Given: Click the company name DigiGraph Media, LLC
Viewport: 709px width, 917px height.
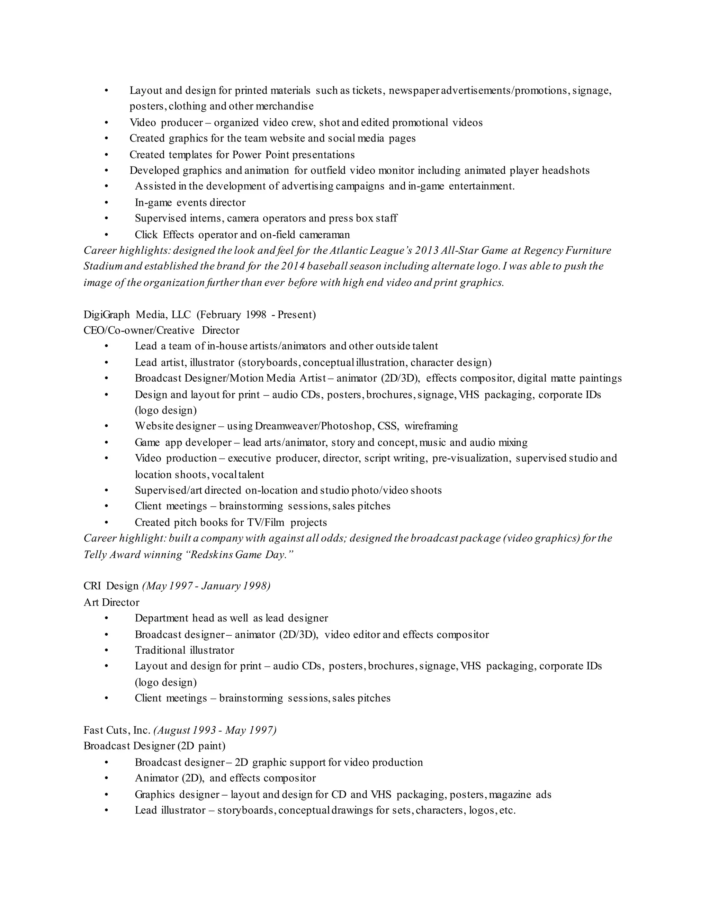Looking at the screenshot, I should (137, 315).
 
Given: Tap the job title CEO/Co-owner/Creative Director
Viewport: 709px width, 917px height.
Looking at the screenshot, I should (161, 330).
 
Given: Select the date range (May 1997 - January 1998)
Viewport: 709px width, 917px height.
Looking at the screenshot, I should (206, 586).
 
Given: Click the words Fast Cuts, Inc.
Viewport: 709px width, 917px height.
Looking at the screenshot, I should (117, 730).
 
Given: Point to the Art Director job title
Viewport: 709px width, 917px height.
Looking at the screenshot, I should (111, 602).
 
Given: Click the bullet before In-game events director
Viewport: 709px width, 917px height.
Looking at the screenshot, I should (106, 202).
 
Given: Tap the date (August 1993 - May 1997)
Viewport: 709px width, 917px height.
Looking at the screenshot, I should (215, 730).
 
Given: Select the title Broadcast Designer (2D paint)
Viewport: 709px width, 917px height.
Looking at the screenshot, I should (154, 746).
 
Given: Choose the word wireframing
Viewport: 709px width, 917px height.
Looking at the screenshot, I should (431, 426).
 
